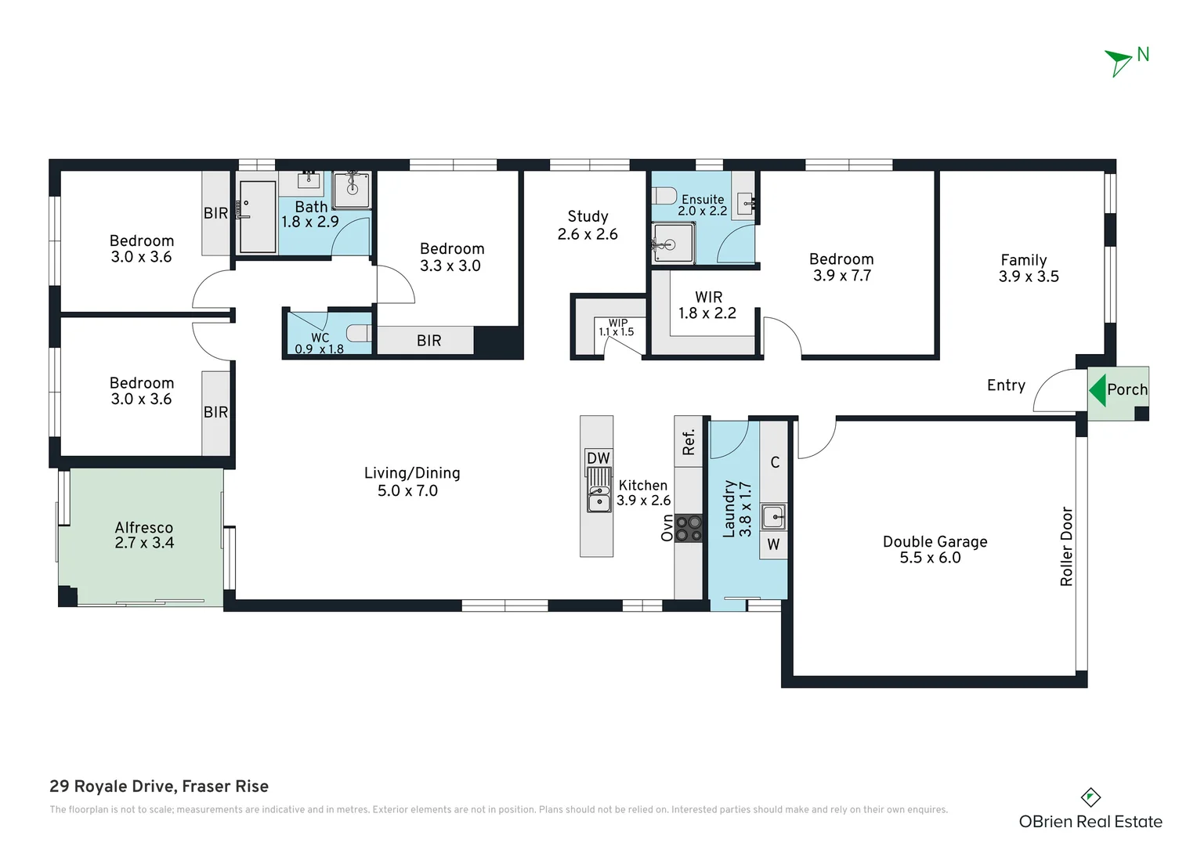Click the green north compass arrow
(1118, 62)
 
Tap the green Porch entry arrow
(1097, 389)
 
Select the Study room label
(588, 217)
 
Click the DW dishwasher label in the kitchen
(598, 458)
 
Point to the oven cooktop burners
(689, 528)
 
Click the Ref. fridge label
(689, 442)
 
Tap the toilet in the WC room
(358, 334)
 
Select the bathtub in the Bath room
(257, 217)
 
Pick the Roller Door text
(1066, 546)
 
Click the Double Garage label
(935, 541)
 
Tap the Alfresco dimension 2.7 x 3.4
(144, 543)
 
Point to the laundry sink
(773, 516)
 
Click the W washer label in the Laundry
(773, 544)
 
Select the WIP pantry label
(617, 323)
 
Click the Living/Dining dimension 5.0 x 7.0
(407, 491)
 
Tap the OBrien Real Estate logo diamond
(1090, 797)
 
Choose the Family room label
(1023, 260)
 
